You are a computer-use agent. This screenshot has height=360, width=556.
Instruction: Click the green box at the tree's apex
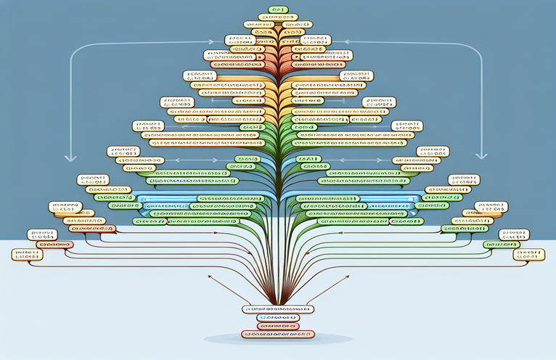pos(278,9)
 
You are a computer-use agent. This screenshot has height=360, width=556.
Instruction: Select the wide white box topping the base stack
pos(278,309)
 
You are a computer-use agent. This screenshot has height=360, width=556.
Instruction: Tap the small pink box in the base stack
pos(278,326)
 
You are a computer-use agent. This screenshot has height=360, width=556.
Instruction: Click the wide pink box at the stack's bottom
pos(278,335)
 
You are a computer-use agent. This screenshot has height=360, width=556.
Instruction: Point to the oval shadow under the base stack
pos(278,340)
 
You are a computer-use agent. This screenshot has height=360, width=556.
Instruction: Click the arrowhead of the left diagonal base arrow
pos(210,276)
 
